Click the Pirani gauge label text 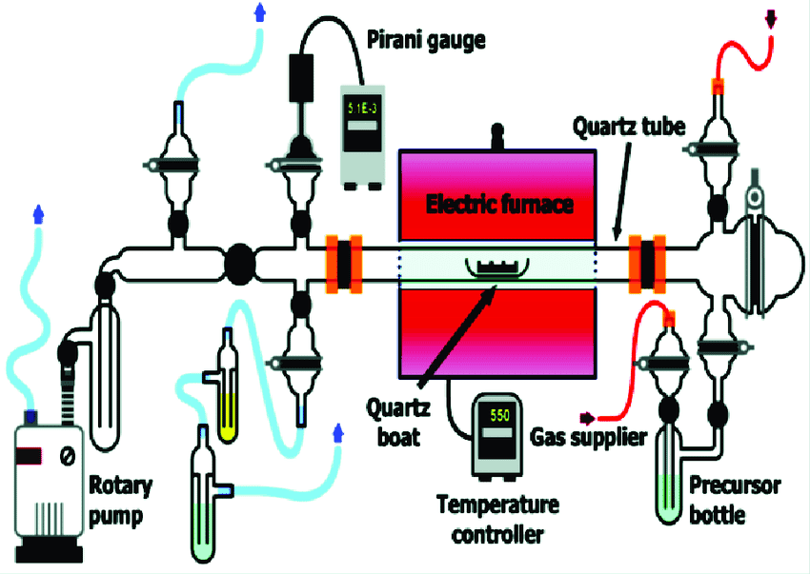click(x=426, y=40)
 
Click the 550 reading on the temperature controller click(x=499, y=416)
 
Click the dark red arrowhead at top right click(x=771, y=17)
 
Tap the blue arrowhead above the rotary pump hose click(x=39, y=213)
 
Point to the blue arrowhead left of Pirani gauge click(x=260, y=11)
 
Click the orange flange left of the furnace click(x=343, y=261)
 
